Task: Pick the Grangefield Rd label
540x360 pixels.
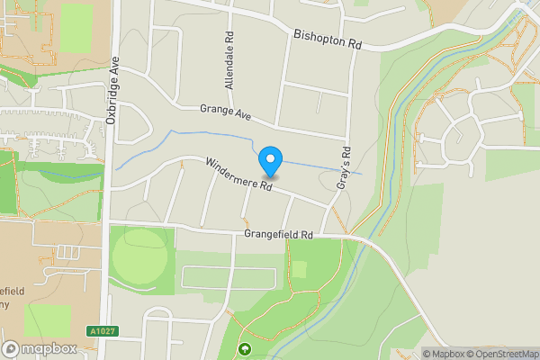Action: [278, 234]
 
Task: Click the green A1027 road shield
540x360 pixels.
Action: [102, 331]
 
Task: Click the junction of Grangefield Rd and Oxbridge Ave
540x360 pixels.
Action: [106, 222]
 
